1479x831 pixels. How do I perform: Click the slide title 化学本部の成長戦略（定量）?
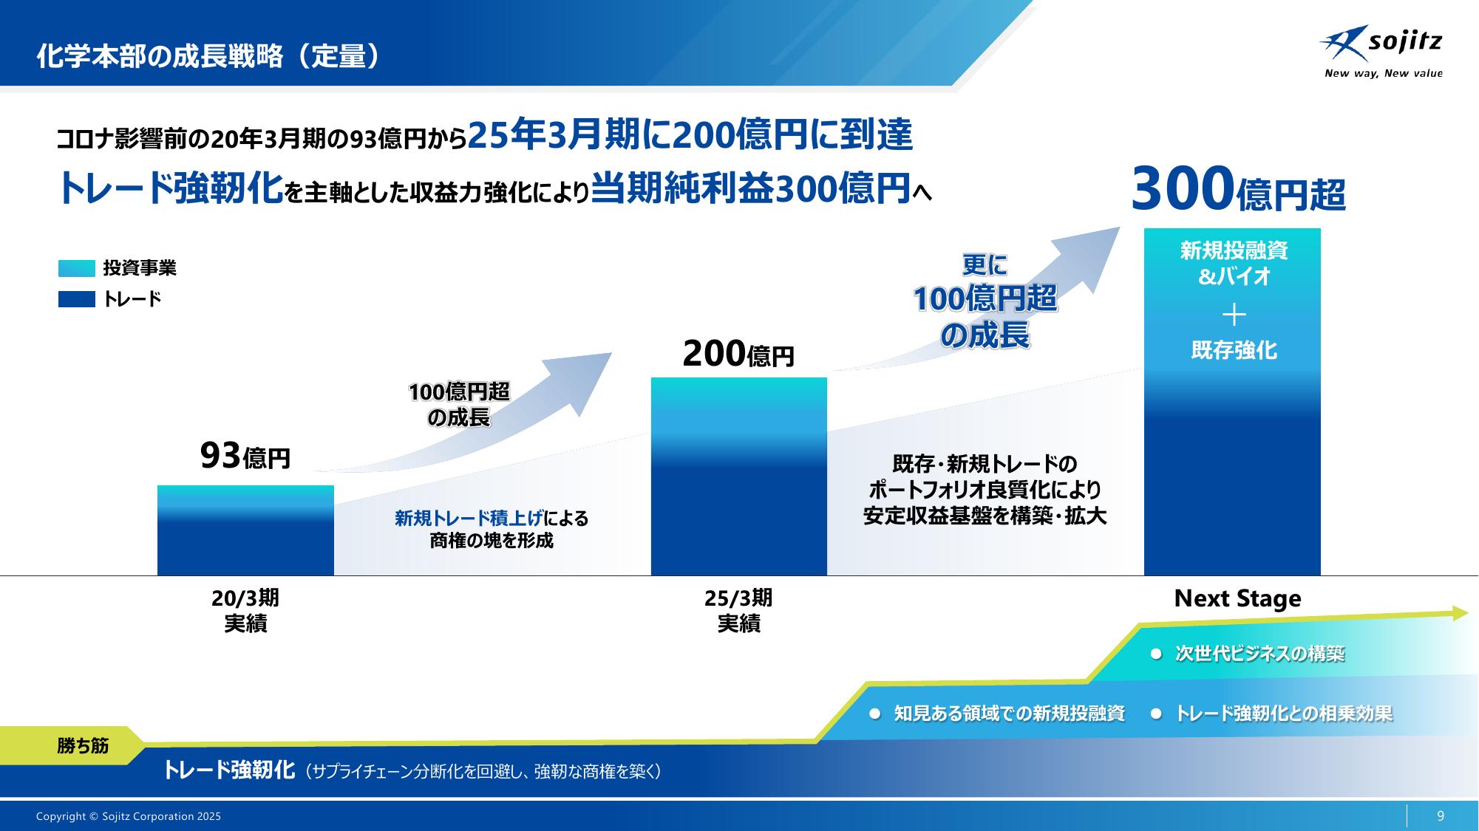click(209, 57)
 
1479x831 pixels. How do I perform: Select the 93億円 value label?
click(245, 456)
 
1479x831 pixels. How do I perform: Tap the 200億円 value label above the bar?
click(738, 355)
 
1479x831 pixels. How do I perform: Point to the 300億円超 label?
click(1239, 190)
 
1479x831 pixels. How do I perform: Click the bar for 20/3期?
click(245, 530)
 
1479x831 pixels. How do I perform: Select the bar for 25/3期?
click(739, 476)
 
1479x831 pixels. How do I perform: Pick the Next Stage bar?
click(1232, 402)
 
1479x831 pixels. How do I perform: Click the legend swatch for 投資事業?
click(77, 268)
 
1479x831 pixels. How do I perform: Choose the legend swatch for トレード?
click(77, 299)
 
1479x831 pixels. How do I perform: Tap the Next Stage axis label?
click(1237, 598)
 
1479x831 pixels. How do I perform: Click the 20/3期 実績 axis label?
click(245, 611)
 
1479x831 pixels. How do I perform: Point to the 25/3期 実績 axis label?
click(739, 611)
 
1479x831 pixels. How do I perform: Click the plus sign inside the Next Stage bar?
click(1234, 315)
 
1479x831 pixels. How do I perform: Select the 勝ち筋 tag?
click(83, 746)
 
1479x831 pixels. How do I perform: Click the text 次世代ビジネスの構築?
click(1259, 654)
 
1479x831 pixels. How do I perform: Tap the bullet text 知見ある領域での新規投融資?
click(1009, 714)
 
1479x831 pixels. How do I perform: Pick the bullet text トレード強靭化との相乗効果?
click(1284, 714)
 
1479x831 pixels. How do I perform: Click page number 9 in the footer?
click(1441, 816)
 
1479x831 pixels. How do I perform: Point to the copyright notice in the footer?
click(129, 816)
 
